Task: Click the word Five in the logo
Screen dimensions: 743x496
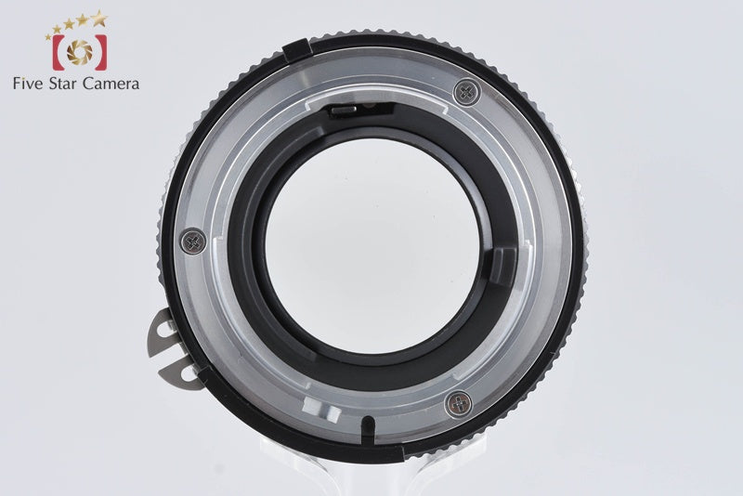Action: click(28, 84)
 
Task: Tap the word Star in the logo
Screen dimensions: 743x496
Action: click(63, 84)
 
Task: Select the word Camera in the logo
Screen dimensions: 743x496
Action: click(111, 84)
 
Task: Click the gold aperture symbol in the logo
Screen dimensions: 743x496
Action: click(80, 52)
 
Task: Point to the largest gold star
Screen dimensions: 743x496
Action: click(99, 18)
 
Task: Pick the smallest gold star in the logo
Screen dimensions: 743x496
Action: click(48, 36)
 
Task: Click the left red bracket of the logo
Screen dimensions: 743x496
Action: click(58, 52)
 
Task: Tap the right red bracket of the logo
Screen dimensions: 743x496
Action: click(101, 52)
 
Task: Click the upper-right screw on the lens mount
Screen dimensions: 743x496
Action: click(467, 92)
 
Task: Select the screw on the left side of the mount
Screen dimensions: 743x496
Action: click(193, 241)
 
